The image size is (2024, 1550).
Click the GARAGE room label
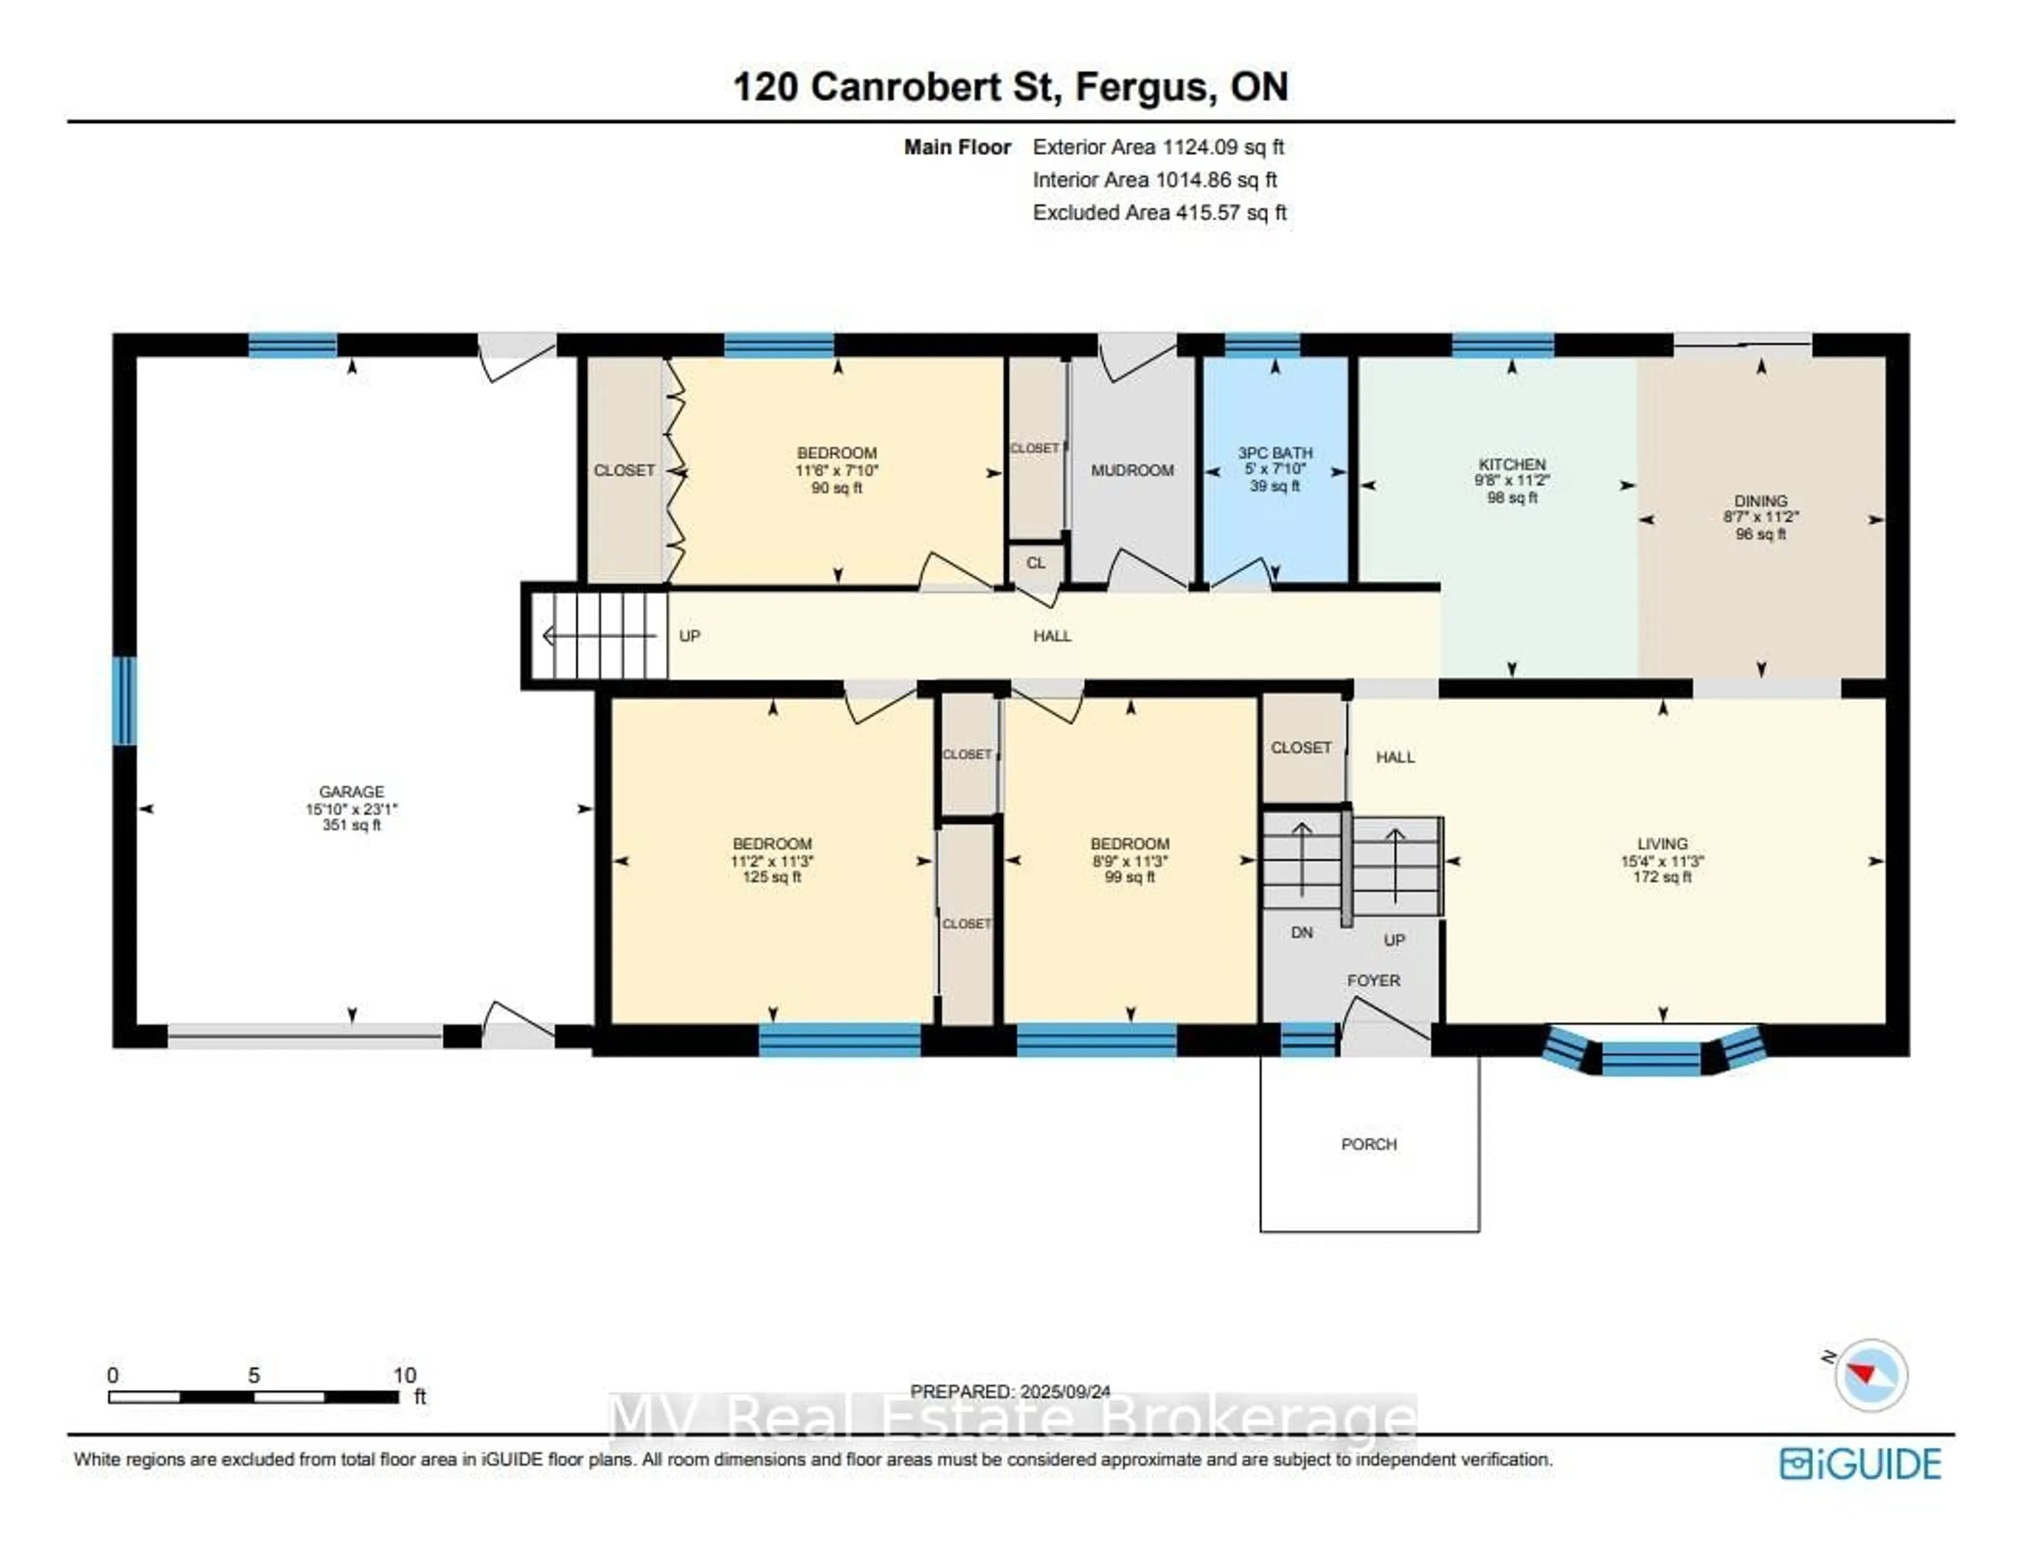pos(352,792)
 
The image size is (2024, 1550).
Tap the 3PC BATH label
pos(1275,453)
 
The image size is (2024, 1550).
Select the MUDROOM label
pos(1132,471)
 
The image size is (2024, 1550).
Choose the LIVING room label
pos(1662,843)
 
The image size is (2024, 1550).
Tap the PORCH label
pos(1369,1144)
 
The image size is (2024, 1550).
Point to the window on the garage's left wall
pos(124,700)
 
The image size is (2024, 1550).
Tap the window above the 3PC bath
pos(1262,345)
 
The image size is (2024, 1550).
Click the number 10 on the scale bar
pos(404,1374)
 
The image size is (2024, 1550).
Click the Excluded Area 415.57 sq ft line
pos(1160,212)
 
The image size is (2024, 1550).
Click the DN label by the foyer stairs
pos(1302,933)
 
